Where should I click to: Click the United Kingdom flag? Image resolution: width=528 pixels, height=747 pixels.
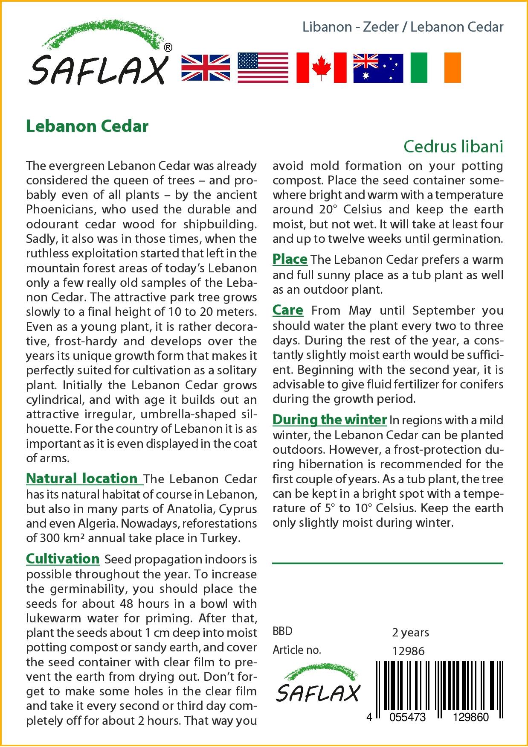coord(206,68)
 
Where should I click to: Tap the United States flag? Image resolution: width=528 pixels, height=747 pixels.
coord(262,68)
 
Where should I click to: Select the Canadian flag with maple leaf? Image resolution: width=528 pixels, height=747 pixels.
coord(321,68)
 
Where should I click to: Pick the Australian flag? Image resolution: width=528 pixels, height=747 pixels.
coord(378,68)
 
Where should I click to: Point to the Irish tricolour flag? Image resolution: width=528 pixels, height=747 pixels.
coord(435,68)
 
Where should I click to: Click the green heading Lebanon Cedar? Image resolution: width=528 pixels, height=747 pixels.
coord(87,126)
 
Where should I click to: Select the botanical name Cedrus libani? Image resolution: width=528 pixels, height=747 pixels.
coord(453,146)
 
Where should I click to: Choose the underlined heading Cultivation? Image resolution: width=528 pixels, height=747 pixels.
coord(63,559)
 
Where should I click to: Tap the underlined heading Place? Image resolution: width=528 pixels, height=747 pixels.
coord(290,259)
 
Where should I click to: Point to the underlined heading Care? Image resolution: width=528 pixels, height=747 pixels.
coord(288,310)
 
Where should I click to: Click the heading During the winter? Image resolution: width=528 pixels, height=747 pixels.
coord(329,420)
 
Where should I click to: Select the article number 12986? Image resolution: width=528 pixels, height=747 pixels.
coord(408,651)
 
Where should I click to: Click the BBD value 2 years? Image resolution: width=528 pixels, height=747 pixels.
coord(410,632)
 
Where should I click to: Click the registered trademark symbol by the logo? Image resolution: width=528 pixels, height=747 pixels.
coord(168,47)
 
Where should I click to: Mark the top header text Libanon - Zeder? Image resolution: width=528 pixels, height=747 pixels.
coord(351,27)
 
